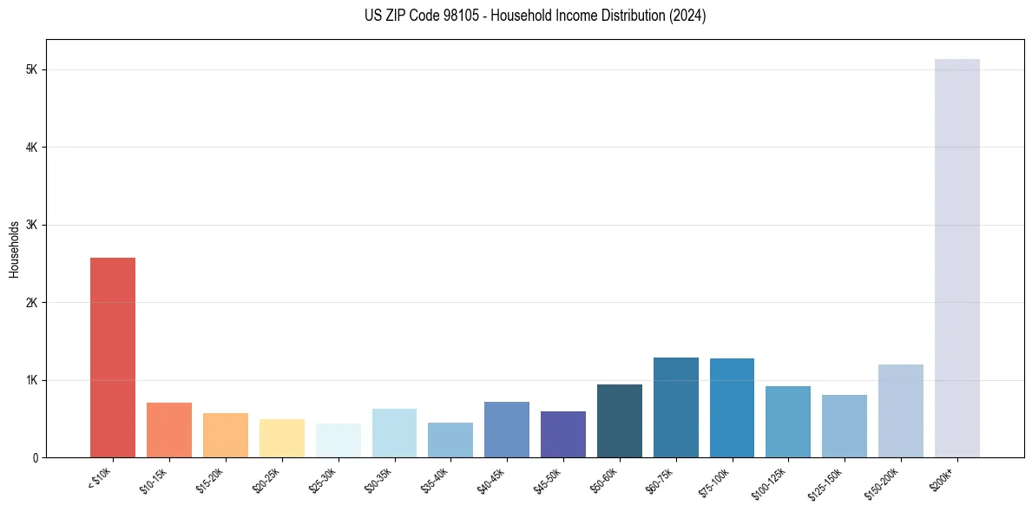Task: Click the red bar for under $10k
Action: click(113, 358)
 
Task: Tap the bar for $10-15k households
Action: click(169, 430)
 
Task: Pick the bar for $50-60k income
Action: click(620, 421)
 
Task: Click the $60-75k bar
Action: click(675, 407)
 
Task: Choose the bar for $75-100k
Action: click(732, 408)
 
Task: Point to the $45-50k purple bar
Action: click(563, 434)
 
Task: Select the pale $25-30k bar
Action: click(338, 440)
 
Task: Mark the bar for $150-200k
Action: click(901, 410)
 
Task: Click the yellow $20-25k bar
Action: click(282, 438)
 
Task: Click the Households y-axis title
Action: click(14, 249)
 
